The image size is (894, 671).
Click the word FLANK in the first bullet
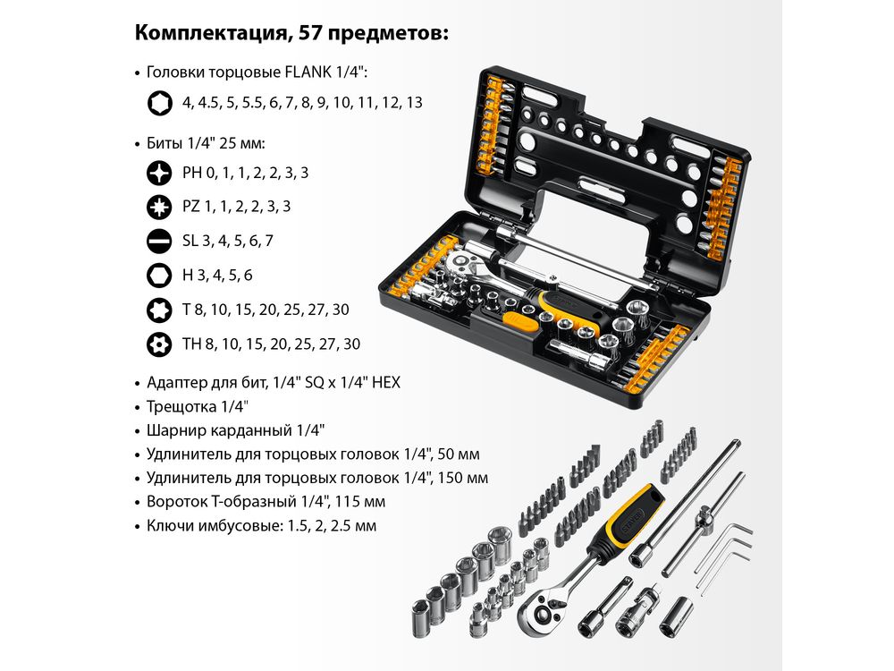[311, 72]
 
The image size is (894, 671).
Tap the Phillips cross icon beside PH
[159, 173]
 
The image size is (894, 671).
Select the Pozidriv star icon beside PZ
[159, 207]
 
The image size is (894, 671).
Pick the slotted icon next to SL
[159, 241]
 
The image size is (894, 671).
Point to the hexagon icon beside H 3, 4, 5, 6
[159, 275]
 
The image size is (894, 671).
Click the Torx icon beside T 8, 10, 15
[159, 310]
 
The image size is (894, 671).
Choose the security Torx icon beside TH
[159, 344]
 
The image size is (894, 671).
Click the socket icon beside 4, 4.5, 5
[160, 103]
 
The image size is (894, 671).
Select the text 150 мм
[462, 478]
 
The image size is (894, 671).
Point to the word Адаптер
[176, 382]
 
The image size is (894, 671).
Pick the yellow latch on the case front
[519, 322]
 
